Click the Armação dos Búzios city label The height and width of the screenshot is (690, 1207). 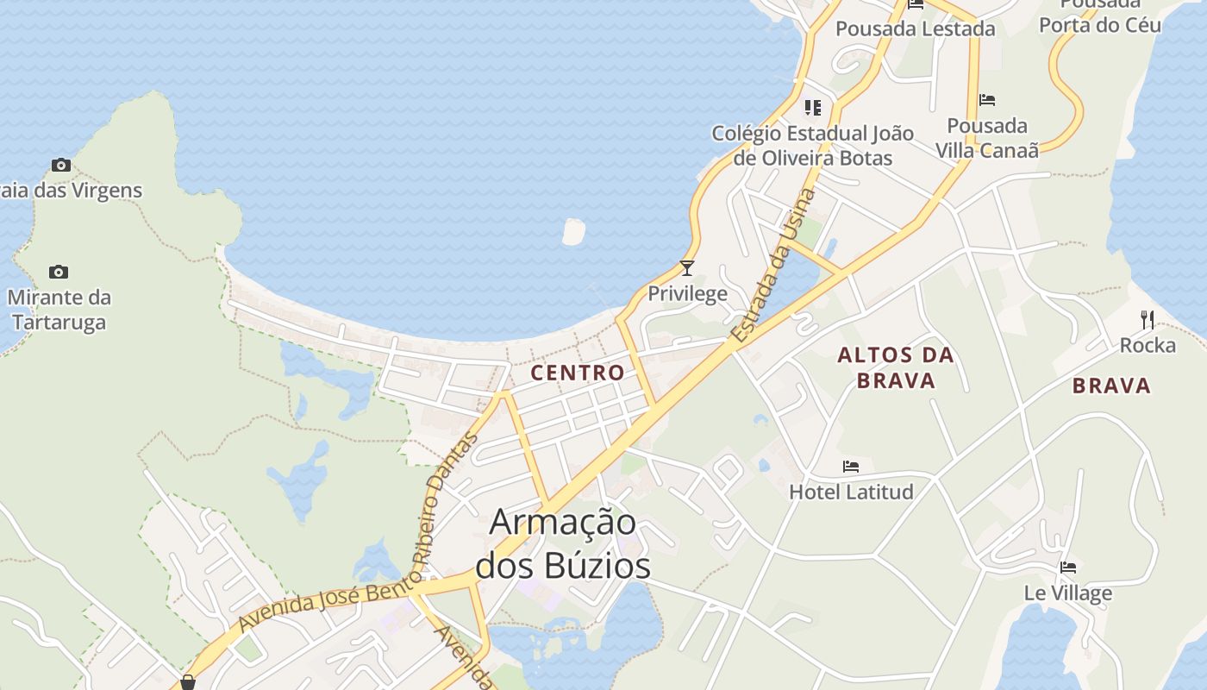coord(563,543)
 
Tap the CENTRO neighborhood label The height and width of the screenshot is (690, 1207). coord(578,373)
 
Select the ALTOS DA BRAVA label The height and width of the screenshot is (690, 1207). coord(896,367)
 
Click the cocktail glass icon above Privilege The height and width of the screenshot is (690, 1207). coord(687,268)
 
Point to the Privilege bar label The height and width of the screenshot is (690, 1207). coord(687,294)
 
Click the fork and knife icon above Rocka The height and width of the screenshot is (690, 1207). coord(1148,320)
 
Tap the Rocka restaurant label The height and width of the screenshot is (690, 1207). coord(1148,346)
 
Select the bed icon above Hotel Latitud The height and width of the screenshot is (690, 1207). coord(851,467)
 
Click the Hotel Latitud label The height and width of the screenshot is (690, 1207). coord(851,492)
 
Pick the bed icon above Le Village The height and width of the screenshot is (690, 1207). coord(1068,568)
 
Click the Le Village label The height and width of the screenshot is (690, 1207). coord(1068,593)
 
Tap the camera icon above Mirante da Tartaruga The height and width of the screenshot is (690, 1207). coord(59,273)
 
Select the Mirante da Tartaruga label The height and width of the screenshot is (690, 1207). coord(59,310)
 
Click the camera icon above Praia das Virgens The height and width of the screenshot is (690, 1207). coord(60,165)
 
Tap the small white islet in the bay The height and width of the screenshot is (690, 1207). coord(573,230)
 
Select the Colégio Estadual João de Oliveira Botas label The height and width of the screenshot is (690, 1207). coord(812,146)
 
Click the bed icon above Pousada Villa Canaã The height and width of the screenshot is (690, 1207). coord(987,100)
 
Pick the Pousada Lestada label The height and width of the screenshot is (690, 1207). coord(916,28)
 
